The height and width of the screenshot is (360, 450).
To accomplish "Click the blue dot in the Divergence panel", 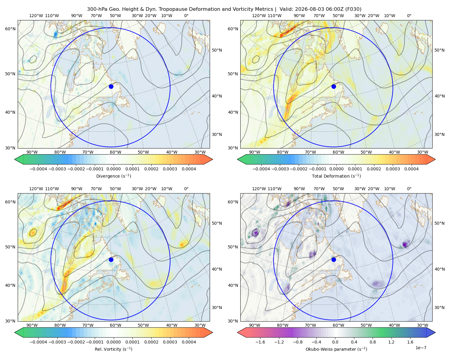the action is point(111,86).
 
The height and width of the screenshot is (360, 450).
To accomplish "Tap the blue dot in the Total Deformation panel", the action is point(334,86).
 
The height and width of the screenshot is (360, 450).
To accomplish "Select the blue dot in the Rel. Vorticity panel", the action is point(111,259).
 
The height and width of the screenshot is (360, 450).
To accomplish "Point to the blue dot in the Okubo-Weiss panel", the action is point(334,259).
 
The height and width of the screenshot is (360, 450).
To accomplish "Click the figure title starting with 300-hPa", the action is point(224,9).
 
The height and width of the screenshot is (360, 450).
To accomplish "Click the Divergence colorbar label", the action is point(113,176).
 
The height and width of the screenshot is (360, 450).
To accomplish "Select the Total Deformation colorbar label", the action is point(336,176).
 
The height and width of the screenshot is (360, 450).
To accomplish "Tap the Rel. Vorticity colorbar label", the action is point(113,349).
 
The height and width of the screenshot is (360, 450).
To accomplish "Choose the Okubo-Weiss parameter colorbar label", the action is point(336,349).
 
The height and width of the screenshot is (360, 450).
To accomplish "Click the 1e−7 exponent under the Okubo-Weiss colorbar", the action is point(421,348).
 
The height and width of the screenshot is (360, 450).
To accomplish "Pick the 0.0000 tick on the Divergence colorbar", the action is point(113,169).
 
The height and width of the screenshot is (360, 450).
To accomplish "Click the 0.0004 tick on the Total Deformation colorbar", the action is point(411,169).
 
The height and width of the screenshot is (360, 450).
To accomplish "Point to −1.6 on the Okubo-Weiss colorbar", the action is point(260,342).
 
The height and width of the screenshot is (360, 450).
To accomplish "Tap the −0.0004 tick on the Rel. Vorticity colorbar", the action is point(38,342).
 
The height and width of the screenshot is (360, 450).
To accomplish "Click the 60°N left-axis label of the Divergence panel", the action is point(10,29).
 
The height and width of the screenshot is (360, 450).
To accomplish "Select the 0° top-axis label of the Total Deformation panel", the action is point(409,16).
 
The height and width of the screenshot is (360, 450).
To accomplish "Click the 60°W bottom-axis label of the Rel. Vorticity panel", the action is point(115,325).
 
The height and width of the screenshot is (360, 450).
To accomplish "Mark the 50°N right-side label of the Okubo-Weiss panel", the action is point(439,223).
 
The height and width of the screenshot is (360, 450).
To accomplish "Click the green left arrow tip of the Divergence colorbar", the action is point(15,159).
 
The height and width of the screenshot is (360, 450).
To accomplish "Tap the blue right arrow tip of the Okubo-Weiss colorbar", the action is point(435,332).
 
